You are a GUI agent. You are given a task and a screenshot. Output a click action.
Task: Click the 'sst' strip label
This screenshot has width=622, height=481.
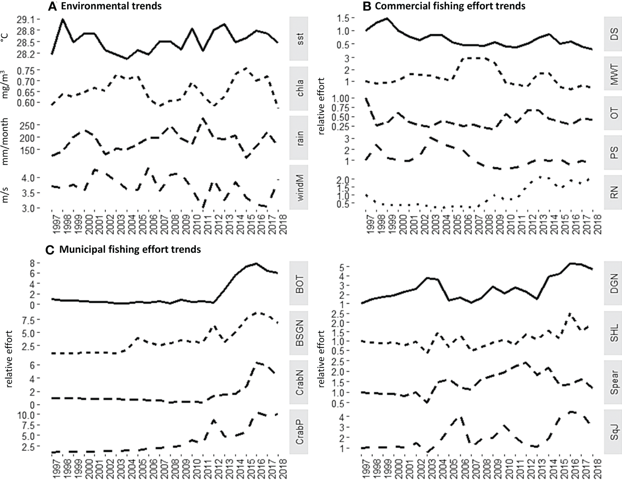pos(300,39)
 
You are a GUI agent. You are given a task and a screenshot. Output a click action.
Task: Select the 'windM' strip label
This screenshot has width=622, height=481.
pos(300,187)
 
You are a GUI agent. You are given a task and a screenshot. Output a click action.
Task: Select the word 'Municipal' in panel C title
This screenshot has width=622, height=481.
pos(79,249)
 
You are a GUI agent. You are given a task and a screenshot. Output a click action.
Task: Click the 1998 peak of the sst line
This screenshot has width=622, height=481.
pos(63,19)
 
